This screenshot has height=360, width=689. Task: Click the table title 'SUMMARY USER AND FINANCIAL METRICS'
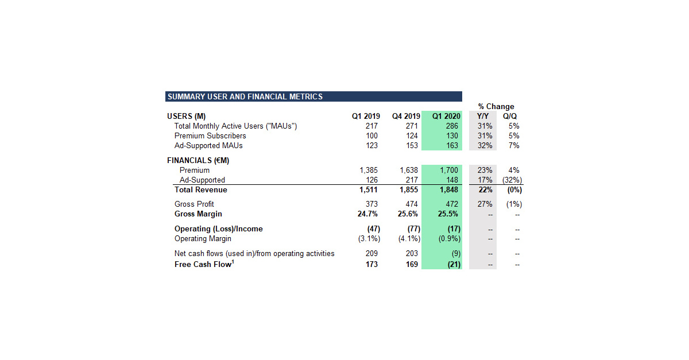(x=245, y=96)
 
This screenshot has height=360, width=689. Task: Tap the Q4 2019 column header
(x=406, y=116)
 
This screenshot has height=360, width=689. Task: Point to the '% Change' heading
(x=496, y=106)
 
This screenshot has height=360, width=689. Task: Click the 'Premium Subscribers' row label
(x=210, y=136)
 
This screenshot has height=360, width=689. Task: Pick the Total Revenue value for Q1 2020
(x=449, y=189)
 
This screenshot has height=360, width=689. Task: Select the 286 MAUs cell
(x=452, y=126)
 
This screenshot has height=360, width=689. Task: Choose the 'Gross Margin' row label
(x=198, y=214)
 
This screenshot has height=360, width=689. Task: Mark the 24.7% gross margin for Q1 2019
(x=367, y=214)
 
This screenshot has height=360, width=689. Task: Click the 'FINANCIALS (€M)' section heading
(x=198, y=160)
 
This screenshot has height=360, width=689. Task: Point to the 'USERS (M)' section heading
(x=186, y=116)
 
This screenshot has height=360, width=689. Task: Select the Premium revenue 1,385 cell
(x=369, y=170)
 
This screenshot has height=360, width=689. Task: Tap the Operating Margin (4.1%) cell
(x=408, y=238)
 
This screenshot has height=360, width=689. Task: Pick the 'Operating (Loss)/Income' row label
(x=218, y=229)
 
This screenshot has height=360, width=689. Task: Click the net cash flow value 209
(x=371, y=253)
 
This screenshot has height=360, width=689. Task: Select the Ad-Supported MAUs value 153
(x=411, y=145)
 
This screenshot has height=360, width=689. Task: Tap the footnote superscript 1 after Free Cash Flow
(x=233, y=262)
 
